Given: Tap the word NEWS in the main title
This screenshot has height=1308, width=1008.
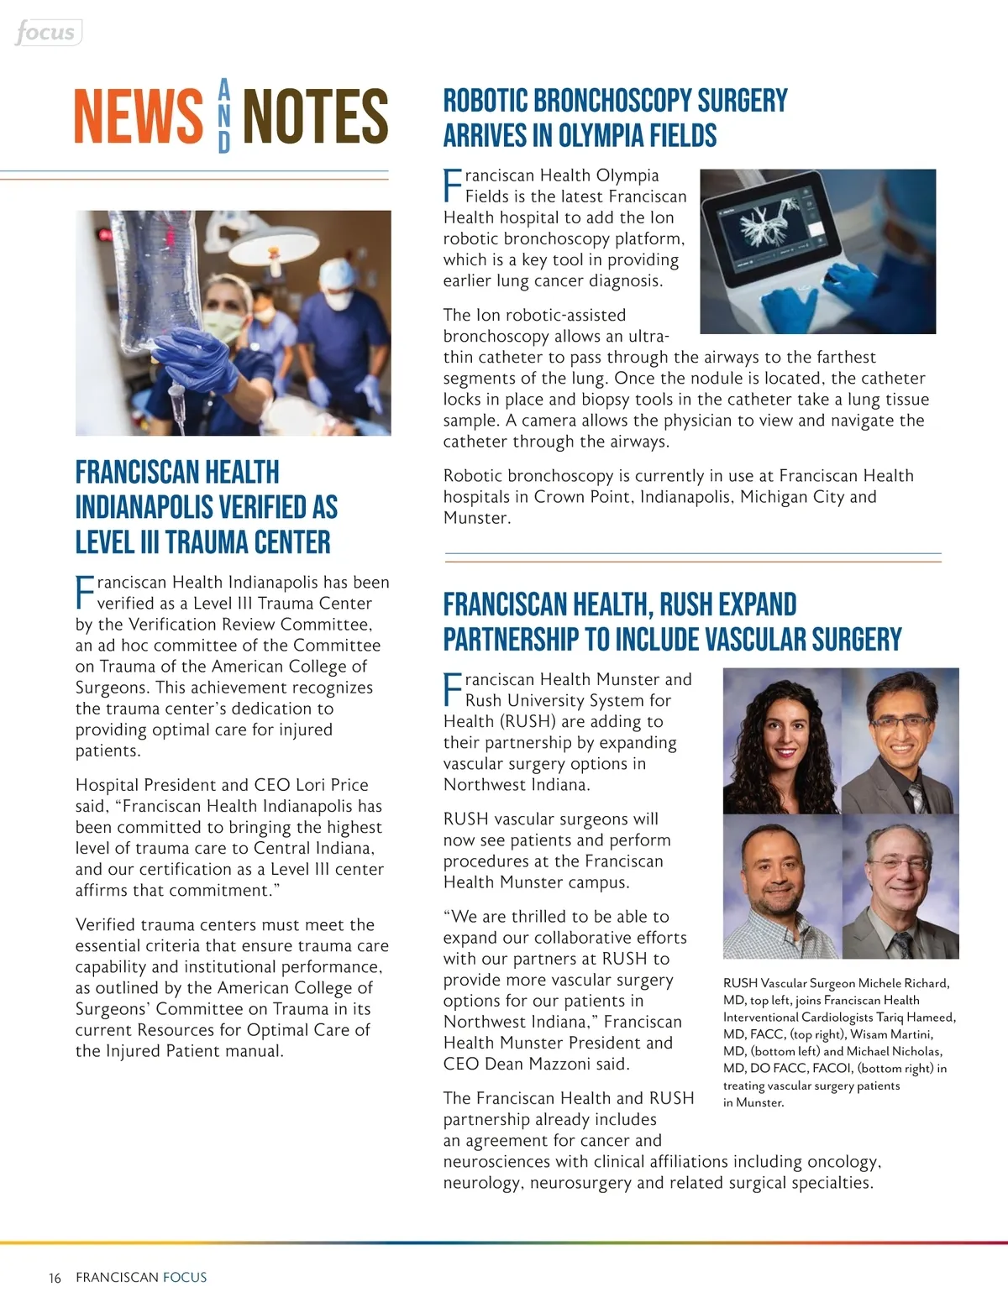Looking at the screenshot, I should click(x=139, y=117).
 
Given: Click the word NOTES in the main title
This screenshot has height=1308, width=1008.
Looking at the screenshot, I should click(x=315, y=117).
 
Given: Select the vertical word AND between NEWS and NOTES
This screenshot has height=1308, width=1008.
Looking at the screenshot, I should click(x=223, y=116).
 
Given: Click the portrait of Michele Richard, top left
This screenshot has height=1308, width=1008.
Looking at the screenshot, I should click(x=781, y=741).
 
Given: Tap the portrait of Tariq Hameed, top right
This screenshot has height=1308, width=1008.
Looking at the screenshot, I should click(x=900, y=741).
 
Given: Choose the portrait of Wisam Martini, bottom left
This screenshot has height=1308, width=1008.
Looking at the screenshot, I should click(x=781, y=887).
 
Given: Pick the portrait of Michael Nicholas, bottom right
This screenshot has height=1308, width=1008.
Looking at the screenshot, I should click(x=900, y=887).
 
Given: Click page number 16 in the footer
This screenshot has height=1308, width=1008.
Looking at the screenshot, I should click(x=55, y=1278).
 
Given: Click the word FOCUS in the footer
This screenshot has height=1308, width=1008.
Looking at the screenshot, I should click(x=185, y=1277).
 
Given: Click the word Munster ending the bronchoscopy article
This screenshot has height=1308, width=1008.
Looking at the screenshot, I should click(x=475, y=518).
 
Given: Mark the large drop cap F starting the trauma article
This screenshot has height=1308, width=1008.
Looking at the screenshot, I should click(x=85, y=592).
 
